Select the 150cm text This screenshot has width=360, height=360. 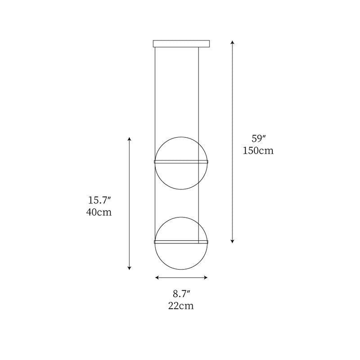coord(258,151)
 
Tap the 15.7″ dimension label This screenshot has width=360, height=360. coord(99,200)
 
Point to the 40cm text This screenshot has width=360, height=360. coord(99,212)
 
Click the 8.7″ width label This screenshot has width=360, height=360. coord(182,294)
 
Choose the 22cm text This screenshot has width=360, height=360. coord(182,306)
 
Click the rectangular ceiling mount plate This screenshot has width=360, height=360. coord(181,44)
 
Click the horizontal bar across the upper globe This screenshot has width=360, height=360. coord(181,161)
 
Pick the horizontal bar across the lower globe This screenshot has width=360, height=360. coord(181,242)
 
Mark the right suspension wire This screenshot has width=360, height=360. coord(199,90)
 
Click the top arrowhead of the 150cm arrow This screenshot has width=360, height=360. coord(232,42)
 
